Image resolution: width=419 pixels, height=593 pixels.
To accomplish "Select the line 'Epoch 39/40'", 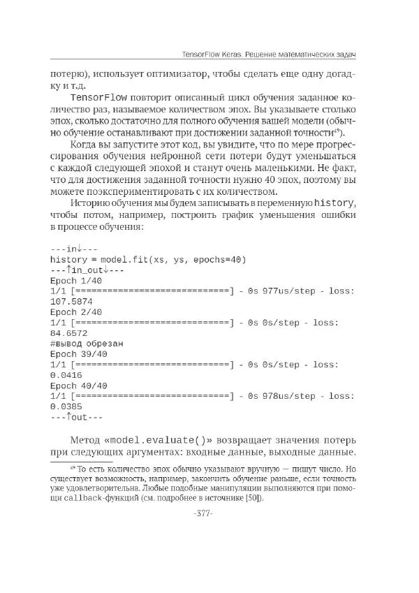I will (79, 354).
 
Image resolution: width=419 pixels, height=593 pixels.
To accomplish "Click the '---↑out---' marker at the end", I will (76, 417).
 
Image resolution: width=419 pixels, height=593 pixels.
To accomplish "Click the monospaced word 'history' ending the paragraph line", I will (335, 203).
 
